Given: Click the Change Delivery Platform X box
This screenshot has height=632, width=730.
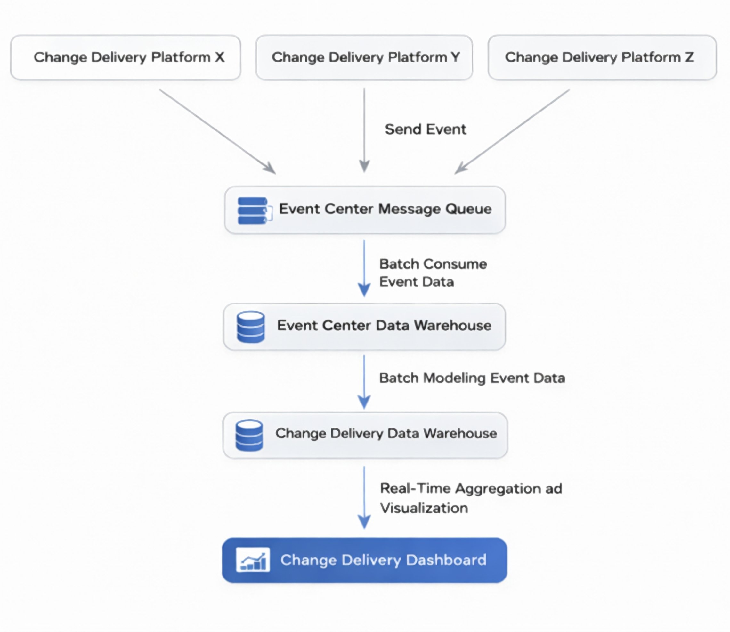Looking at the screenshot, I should pos(126,57).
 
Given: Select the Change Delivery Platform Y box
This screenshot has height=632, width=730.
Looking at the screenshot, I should pos(364,57).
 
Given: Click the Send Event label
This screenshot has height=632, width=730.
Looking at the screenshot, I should pos(425,129).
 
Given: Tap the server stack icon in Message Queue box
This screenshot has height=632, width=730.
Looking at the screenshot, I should pos(254,211).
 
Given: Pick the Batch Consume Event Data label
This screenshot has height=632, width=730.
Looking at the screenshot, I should pos(433,273).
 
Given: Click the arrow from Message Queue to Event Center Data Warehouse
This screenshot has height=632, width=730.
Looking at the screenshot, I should pos(364,268).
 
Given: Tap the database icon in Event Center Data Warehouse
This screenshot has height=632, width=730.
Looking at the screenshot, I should pos(250,327).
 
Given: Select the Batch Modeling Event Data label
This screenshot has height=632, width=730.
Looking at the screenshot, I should pos(472,378).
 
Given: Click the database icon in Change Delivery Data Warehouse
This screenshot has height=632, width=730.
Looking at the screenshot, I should pos(249,435).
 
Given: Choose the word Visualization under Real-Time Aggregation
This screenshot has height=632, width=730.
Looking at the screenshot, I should pos(424,508).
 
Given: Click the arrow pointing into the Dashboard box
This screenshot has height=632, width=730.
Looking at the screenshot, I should pos(364,497).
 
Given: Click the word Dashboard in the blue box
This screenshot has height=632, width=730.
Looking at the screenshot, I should pos(446,560).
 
